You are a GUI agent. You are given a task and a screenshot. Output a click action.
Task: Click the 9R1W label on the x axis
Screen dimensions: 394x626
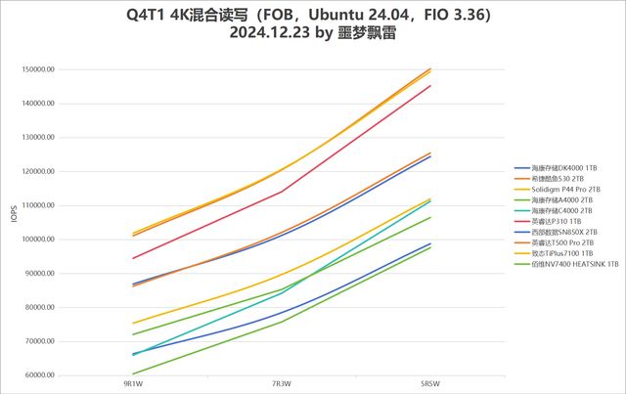133,384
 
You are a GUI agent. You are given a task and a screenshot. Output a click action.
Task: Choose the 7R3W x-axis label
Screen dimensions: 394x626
282,384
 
